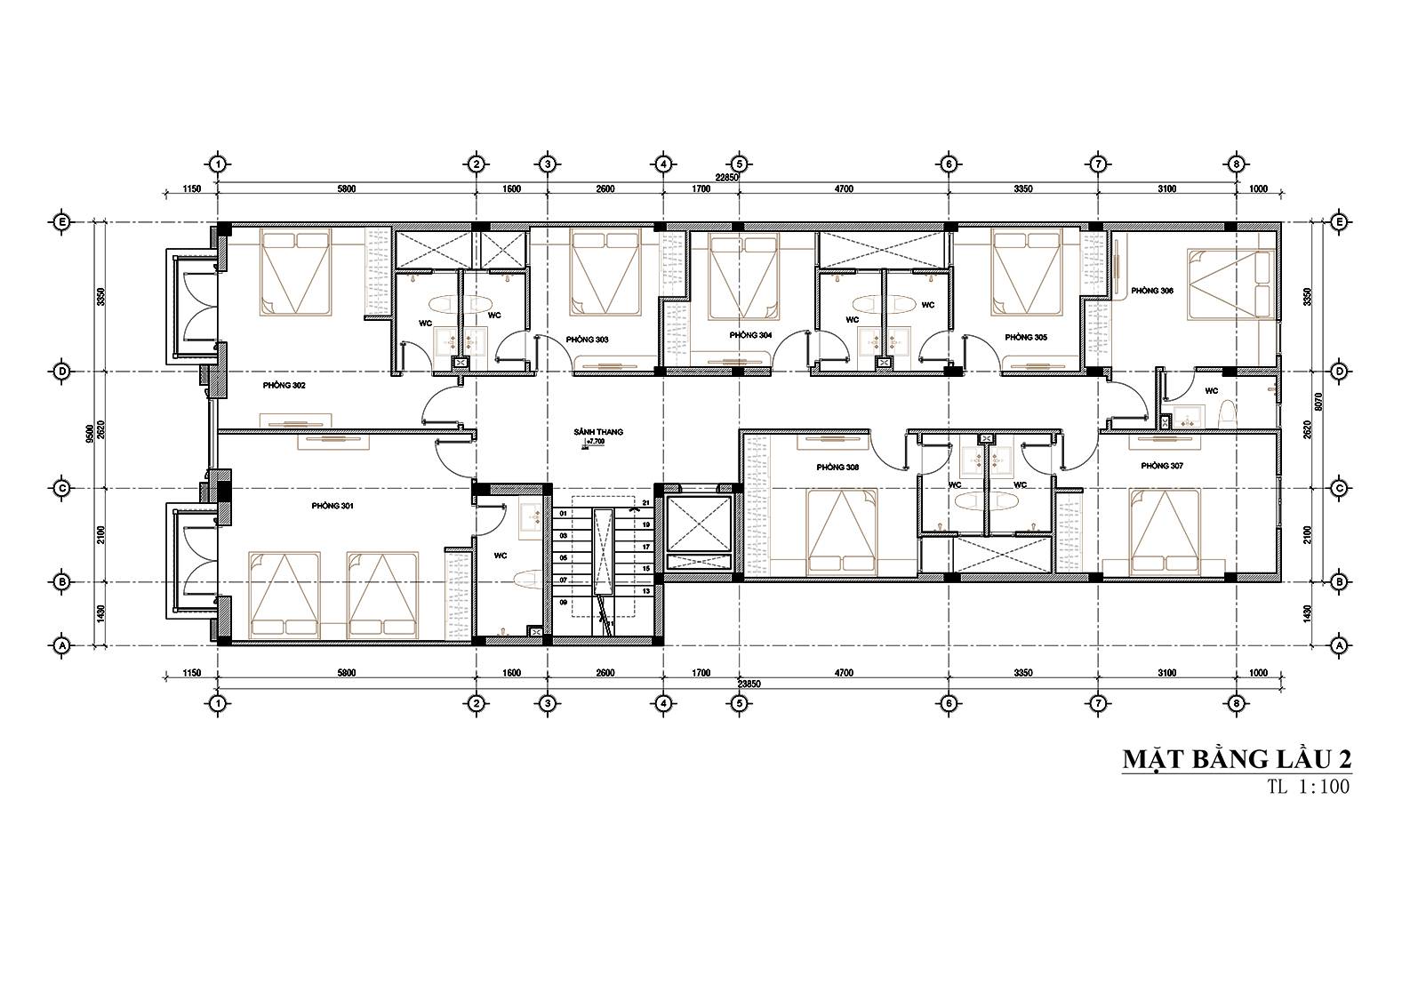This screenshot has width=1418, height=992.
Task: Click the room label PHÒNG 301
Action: (x=332, y=506)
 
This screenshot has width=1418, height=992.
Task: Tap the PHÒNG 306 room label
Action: (x=1151, y=291)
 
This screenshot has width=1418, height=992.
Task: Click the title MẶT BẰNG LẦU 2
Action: (x=1237, y=760)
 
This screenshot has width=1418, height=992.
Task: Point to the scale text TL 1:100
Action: (x=1309, y=788)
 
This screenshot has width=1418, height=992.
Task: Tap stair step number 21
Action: (x=646, y=504)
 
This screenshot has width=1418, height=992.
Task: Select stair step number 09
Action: (x=563, y=602)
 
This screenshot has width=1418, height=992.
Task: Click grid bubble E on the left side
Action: (x=62, y=222)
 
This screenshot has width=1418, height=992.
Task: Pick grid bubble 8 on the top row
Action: (x=1235, y=164)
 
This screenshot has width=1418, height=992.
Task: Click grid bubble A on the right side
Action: (x=1339, y=644)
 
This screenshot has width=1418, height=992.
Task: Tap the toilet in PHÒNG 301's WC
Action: (x=525, y=579)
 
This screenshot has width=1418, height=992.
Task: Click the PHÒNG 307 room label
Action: (x=1161, y=466)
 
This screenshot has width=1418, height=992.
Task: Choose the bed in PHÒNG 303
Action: (x=605, y=271)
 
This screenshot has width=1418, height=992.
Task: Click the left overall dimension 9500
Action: (x=90, y=433)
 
